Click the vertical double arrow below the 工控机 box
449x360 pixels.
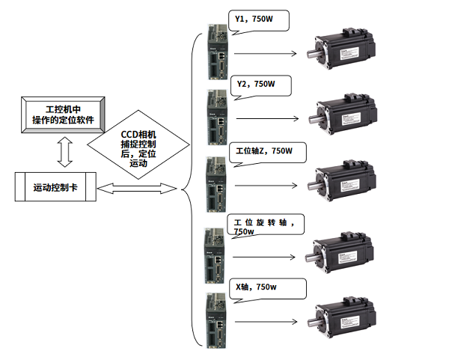[64, 153]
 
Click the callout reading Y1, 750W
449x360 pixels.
[257, 19]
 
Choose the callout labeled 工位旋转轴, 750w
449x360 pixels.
[266, 225]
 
